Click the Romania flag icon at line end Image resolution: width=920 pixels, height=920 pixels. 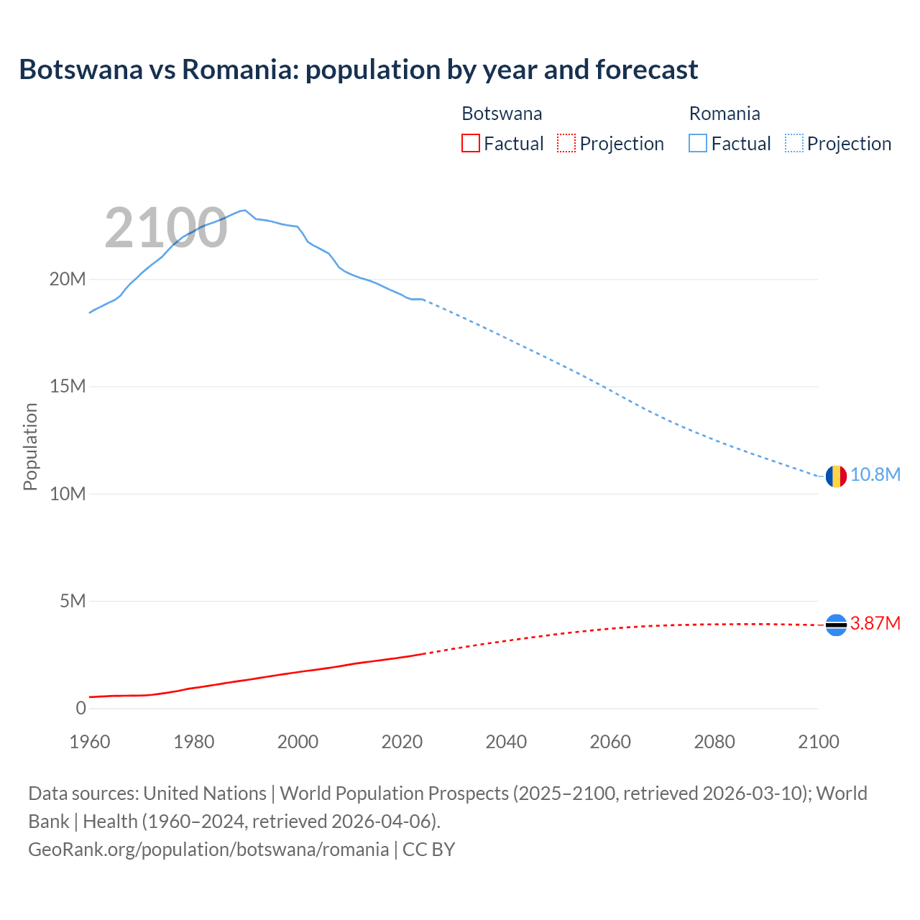click(836, 476)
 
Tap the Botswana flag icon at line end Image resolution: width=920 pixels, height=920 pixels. click(836, 625)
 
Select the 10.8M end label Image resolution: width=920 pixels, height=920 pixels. click(875, 475)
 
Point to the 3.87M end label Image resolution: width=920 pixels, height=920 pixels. click(875, 623)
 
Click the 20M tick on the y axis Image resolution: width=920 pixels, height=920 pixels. click(68, 280)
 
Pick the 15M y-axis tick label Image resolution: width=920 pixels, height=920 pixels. click(68, 387)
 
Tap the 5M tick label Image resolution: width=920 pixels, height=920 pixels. click(73, 601)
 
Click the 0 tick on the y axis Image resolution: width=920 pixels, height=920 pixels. click(80, 708)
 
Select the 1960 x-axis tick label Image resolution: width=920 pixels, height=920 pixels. click(90, 742)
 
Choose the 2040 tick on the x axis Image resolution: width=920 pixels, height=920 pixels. click(506, 742)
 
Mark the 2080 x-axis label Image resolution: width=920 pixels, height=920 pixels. click(714, 742)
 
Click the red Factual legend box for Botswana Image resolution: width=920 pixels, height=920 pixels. click(470, 143)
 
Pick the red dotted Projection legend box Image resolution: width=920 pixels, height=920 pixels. click(566, 143)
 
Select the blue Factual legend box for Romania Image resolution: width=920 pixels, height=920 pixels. click(698, 143)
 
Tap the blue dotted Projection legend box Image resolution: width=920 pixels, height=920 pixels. click(794, 143)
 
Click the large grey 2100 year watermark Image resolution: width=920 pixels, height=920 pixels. click(166, 228)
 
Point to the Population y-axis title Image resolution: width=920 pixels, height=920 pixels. click(30, 446)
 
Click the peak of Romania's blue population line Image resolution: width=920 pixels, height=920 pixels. click(244, 210)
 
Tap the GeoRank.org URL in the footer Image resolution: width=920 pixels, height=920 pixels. click(208, 850)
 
